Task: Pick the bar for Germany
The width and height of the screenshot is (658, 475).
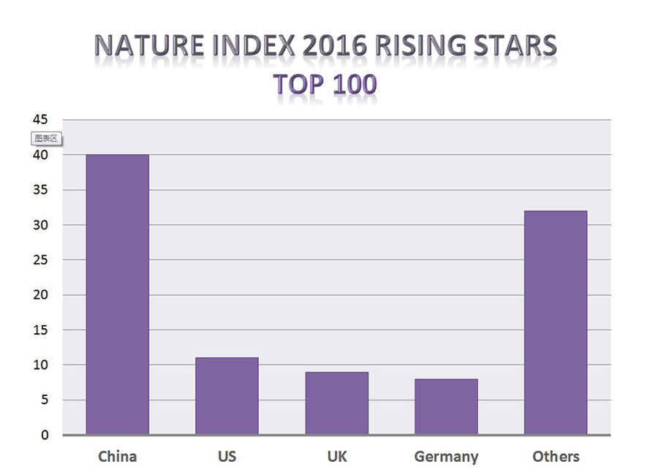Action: [446, 406]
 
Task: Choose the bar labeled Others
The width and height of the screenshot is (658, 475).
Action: [556, 322]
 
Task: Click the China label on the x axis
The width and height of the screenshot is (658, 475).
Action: [117, 457]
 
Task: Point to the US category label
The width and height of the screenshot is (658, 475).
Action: [227, 457]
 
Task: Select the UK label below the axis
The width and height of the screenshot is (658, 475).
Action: [336, 457]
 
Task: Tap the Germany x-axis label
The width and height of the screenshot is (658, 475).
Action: [446, 457]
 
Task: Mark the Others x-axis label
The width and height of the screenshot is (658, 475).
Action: [556, 457]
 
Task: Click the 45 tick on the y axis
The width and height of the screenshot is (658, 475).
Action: [39, 120]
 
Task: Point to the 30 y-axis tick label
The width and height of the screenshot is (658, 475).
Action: [39, 225]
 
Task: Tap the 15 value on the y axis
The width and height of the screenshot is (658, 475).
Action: [39, 330]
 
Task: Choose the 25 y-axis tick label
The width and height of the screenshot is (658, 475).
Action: [39, 260]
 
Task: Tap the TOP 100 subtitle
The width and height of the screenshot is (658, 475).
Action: [325, 84]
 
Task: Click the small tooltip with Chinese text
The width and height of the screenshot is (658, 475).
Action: [45, 138]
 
